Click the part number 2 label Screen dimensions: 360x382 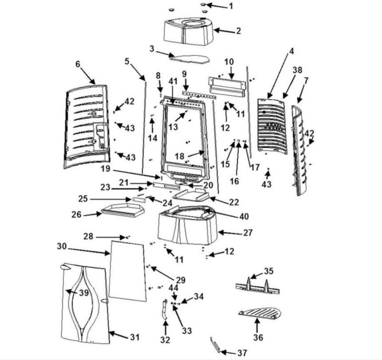pos(238,31)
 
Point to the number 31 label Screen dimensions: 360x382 pos(134,337)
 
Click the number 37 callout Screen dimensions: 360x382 pos(242,353)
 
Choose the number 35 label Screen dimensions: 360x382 pos(269,271)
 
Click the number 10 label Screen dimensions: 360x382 pos(229,62)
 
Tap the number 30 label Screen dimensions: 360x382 pos(61,246)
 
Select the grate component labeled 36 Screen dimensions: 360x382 pos(260,314)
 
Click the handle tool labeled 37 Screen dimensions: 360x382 pos(217,345)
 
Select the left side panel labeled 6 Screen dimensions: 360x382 pos(87,127)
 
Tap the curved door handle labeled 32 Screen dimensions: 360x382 pos(164,310)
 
